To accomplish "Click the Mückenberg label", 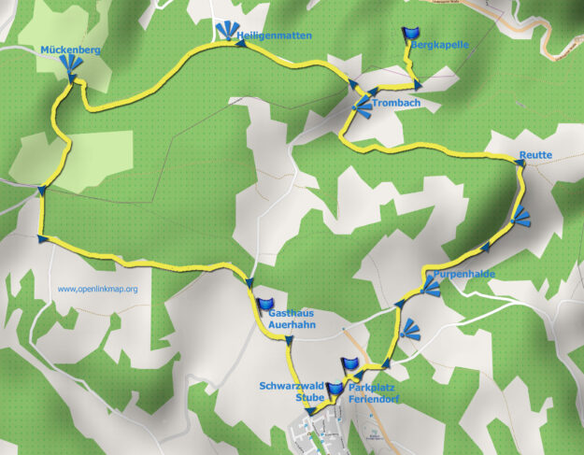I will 70,49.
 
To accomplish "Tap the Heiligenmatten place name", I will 275,36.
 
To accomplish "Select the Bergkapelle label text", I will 440,44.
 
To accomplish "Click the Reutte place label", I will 536,155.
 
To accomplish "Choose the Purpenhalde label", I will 463,274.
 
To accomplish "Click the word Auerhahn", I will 292,325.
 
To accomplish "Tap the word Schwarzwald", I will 292,385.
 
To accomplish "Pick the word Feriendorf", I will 375,398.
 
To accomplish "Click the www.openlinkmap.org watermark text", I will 97,289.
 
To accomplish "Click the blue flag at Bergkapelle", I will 410,36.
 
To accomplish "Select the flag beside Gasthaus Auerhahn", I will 265,306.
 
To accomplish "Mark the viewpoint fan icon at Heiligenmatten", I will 226,32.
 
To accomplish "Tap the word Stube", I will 310,397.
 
